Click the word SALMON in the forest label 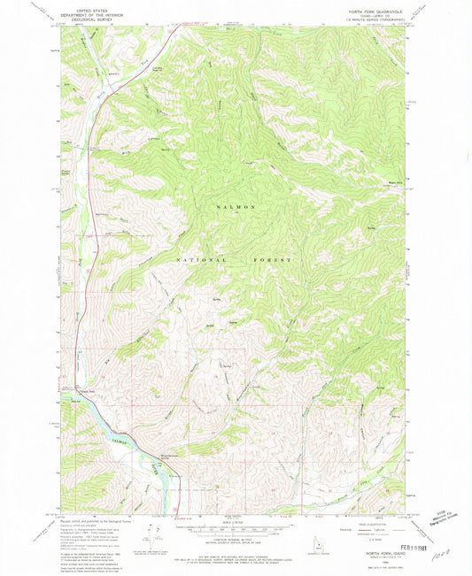pyautogui.click(x=236, y=206)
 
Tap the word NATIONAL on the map pyautogui.click(x=203, y=259)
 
